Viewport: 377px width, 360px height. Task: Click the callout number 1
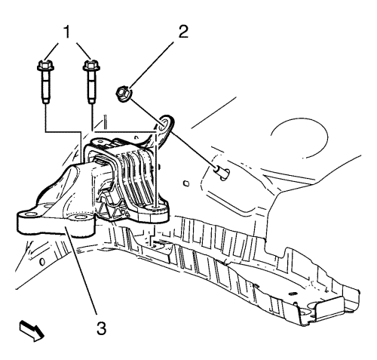tap(66, 32)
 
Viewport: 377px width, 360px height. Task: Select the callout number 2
tap(183, 32)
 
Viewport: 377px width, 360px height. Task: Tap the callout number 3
tap(102, 328)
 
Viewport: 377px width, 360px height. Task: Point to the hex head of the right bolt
tap(91, 66)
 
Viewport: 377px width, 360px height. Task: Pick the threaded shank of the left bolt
tap(46, 88)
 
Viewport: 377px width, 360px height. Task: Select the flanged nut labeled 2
tap(124, 94)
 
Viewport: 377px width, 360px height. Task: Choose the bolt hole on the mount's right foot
tap(156, 207)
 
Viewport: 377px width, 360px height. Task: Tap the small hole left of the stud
tap(187, 183)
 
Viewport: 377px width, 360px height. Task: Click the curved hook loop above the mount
tap(165, 127)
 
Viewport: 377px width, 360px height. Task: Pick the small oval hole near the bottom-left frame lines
tap(42, 262)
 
